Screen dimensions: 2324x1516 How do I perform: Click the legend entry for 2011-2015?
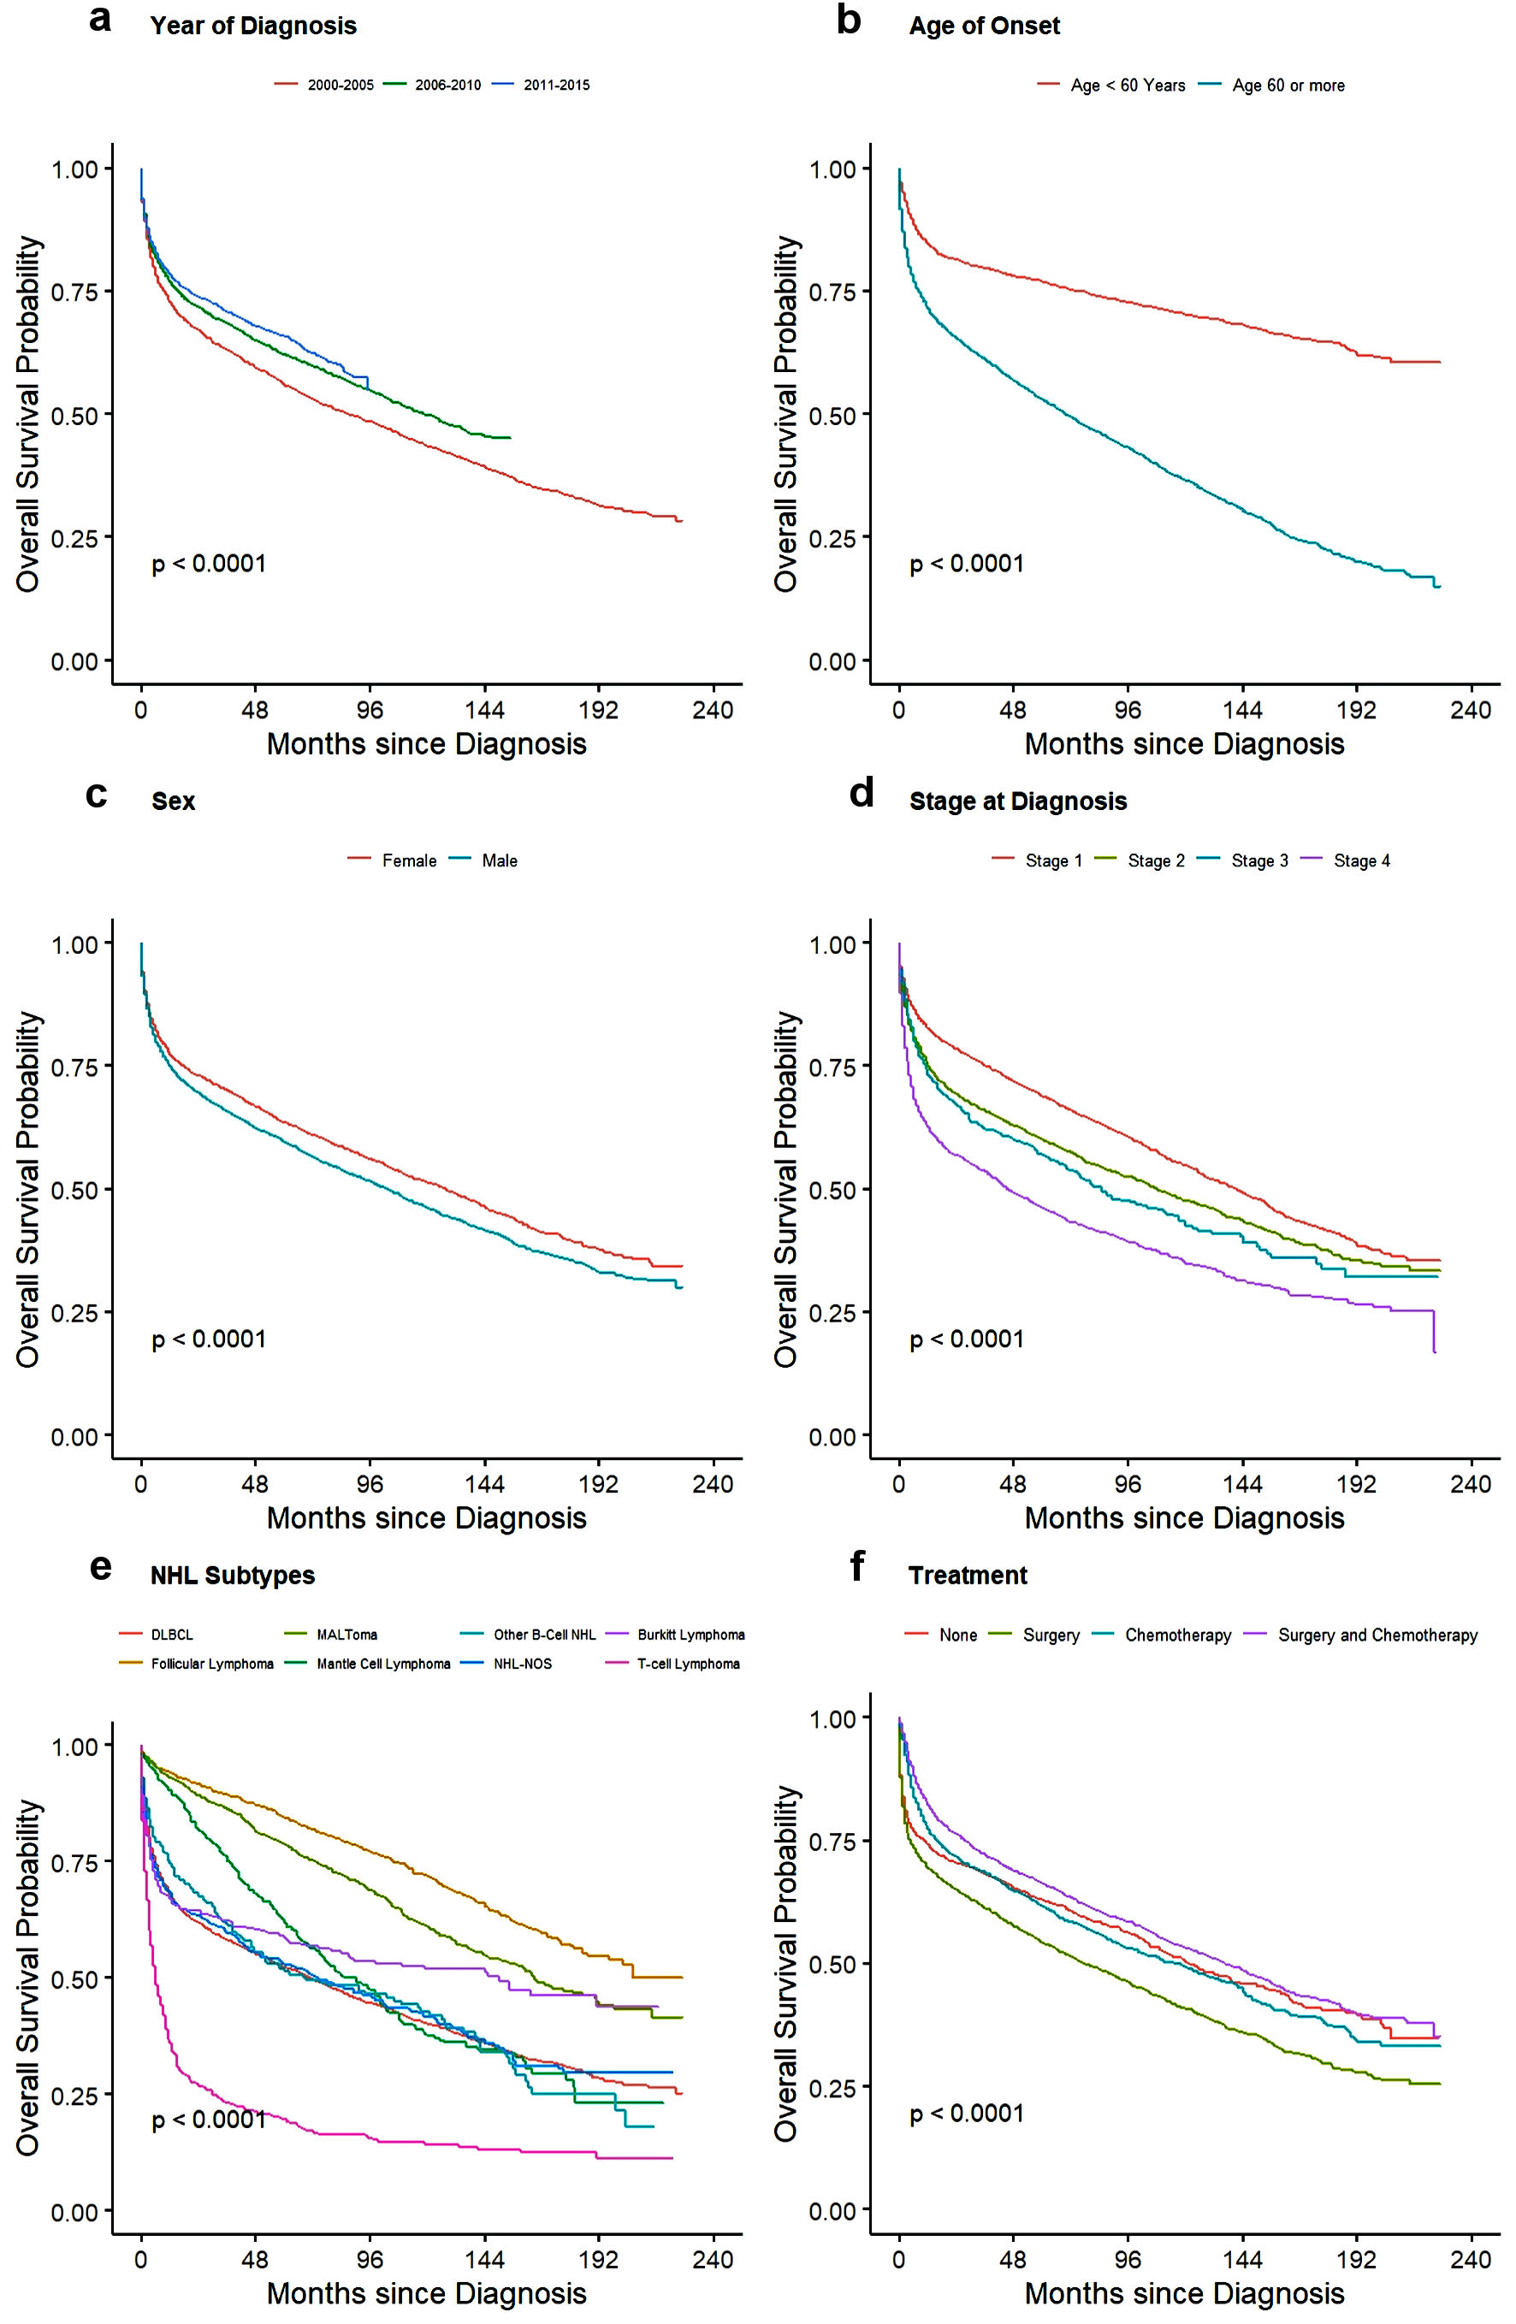click(556, 85)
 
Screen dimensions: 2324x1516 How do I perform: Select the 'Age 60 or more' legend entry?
click(1288, 85)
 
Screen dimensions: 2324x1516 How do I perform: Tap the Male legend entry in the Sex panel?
click(499, 860)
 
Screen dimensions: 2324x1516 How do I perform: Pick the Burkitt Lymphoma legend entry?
click(690, 1635)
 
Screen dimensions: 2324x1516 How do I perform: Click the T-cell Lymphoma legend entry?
click(689, 1664)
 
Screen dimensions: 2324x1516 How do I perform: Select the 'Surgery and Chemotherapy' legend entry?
click(1377, 1635)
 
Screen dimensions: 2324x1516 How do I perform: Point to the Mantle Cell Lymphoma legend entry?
click(383, 1664)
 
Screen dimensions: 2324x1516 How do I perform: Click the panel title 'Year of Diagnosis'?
click(253, 26)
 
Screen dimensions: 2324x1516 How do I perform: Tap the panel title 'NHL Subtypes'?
click(233, 1575)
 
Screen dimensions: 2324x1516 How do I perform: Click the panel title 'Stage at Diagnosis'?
click(1018, 801)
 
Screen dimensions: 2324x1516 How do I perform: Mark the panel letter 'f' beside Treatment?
click(856, 1568)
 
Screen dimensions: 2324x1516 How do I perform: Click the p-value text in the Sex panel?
click(209, 1339)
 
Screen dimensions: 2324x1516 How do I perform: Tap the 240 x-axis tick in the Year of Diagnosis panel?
click(713, 710)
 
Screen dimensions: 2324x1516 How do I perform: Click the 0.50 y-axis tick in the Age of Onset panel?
click(833, 415)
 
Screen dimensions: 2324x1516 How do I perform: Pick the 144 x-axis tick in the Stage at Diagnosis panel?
click(1242, 1485)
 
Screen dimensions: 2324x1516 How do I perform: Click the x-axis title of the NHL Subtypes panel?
click(427, 2291)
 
